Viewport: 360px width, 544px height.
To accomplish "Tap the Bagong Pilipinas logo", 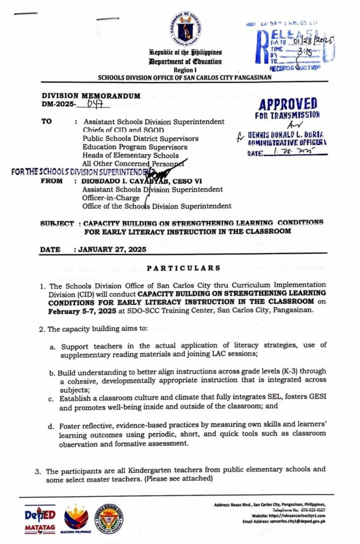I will [76, 518].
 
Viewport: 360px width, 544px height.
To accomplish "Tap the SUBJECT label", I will [57, 223].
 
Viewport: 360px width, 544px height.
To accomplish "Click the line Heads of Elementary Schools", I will [131, 155].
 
